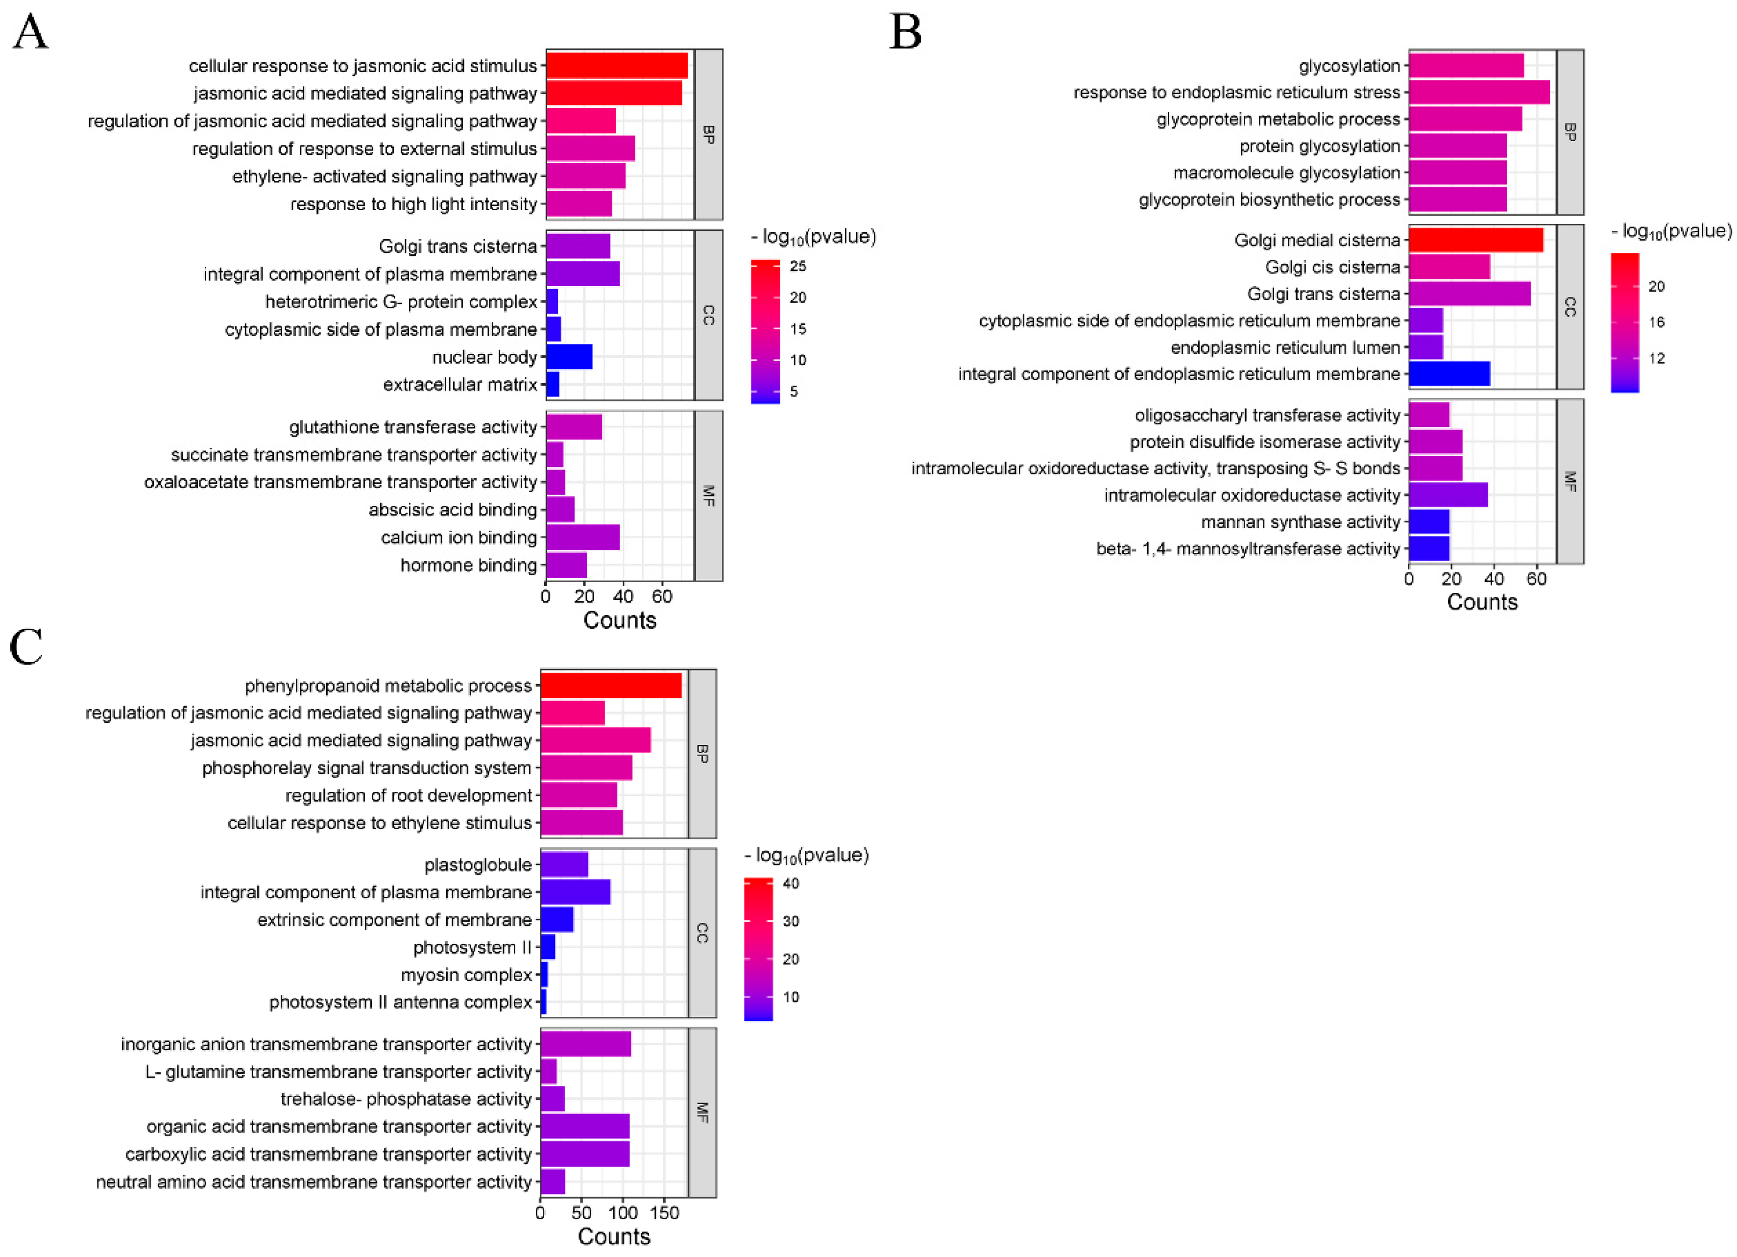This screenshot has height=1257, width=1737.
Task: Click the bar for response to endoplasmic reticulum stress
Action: point(1478,92)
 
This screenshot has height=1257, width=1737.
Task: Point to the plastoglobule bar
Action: point(564,864)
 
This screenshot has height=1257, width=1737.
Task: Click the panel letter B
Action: point(905,32)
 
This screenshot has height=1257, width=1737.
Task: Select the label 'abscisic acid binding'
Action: point(453,509)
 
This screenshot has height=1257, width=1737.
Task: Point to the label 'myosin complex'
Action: point(466,974)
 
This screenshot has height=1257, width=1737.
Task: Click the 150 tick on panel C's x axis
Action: point(664,1212)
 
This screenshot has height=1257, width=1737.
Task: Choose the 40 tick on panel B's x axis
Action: point(1494,579)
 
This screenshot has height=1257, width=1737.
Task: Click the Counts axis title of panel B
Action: point(1482,602)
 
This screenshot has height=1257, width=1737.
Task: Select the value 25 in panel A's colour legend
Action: point(798,266)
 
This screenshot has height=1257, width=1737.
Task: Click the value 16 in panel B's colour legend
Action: point(1657,321)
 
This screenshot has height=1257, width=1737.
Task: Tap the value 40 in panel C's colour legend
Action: point(791,883)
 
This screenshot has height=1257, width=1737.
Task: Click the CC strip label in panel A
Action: point(708,315)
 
